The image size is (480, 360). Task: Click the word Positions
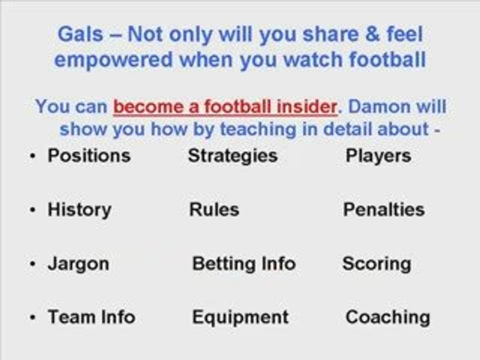tap(89, 155)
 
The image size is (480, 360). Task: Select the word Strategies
tap(232, 155)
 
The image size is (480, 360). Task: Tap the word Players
tap(378, 155)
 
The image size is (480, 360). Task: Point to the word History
tap(79, 209)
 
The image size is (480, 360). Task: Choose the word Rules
tap(214, 209)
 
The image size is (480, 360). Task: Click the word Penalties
tap(383, 209)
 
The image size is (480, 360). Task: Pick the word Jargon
tap(78, 264)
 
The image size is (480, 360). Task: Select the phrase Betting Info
tap(243, 263)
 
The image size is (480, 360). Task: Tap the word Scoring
tap(376, 264)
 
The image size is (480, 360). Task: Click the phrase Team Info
tap(91, 317)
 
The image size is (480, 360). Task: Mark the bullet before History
tap(32, 210)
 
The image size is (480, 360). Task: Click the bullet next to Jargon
tap(32, 264)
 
